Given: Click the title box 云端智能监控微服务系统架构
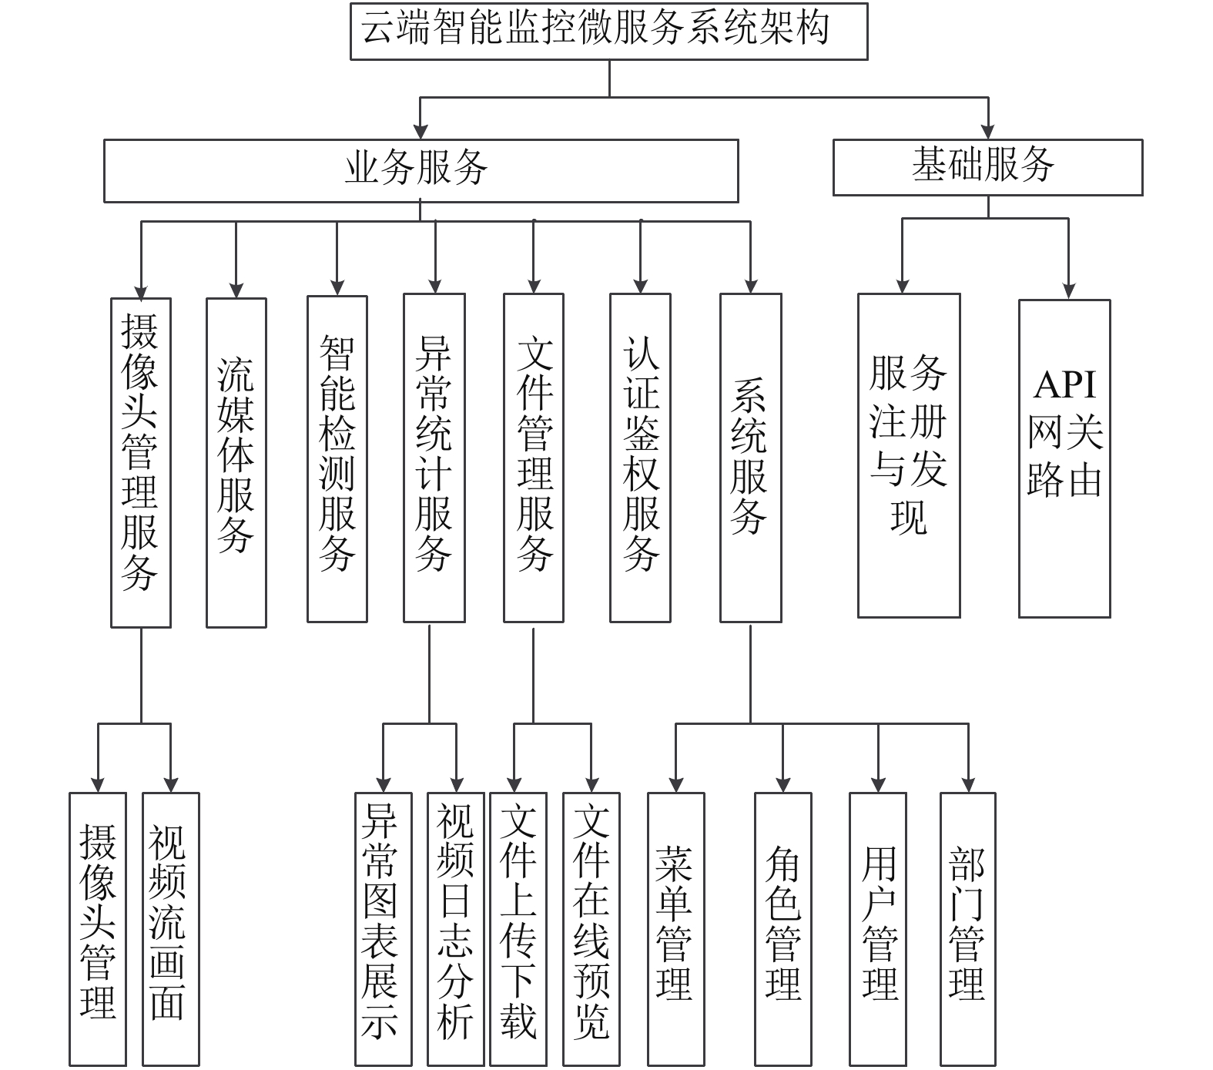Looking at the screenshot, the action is (x=608, y=31).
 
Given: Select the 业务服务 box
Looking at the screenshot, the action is (x=421, y=170).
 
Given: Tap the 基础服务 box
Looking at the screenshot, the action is (x=987, y=167).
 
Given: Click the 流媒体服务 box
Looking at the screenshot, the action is (x=236, y=462).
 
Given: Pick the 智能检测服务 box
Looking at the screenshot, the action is (x=337, y=458).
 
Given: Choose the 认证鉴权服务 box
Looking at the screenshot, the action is (x=640, y=458).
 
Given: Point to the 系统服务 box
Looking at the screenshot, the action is (x=751, y=458).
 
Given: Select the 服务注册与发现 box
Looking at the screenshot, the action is (x=909, y=455).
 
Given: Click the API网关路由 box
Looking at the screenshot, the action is (x=1064, y=458).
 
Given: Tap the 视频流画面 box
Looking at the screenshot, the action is (x=171, y=929).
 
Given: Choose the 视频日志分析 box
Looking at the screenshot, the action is (x=456, y=929).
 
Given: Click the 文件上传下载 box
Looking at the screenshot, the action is (x=518, y=929).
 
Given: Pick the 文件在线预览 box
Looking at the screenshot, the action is (x=591, y=929).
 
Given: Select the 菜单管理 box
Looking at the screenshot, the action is (x=676, y=929).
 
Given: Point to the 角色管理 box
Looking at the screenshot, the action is (x=783, y=929).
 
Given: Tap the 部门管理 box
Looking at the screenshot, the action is (x=968, y=929).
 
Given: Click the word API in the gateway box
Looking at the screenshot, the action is (x=1065, y=384).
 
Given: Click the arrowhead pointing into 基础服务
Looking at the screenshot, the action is (x=988, y=131).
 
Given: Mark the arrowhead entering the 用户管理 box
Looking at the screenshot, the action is (x=879, y=784).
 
